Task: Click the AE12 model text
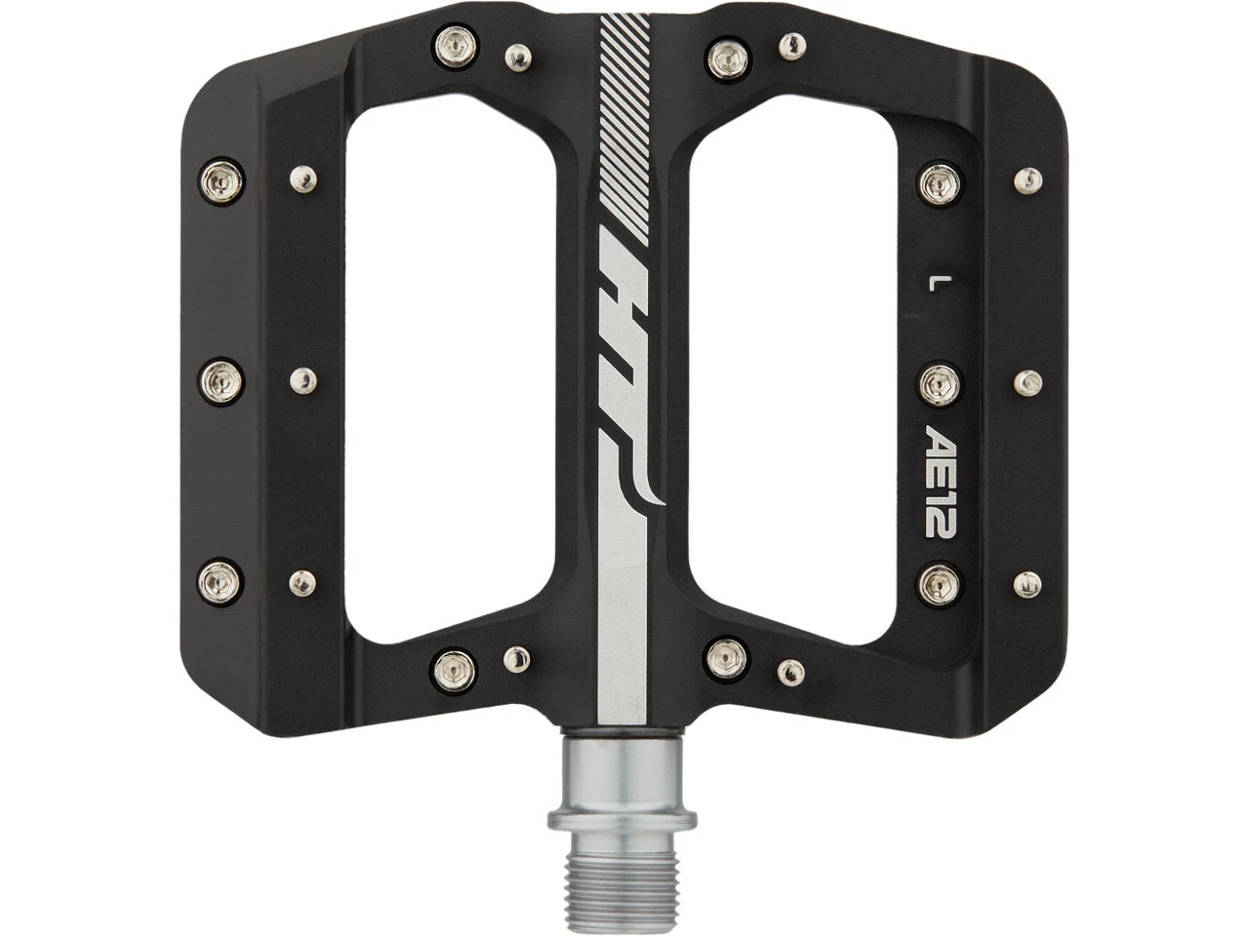tap(941, 480)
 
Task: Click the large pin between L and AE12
tap(940, 383)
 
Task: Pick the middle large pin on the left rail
tap(222, 379)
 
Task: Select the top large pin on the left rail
tap(222, 179)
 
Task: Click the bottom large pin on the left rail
tap(222, 582)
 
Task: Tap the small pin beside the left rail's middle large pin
tap(303, 379)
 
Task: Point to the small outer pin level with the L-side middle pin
tap(1027, 382)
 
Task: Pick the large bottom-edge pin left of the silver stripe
tap(454, 669)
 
